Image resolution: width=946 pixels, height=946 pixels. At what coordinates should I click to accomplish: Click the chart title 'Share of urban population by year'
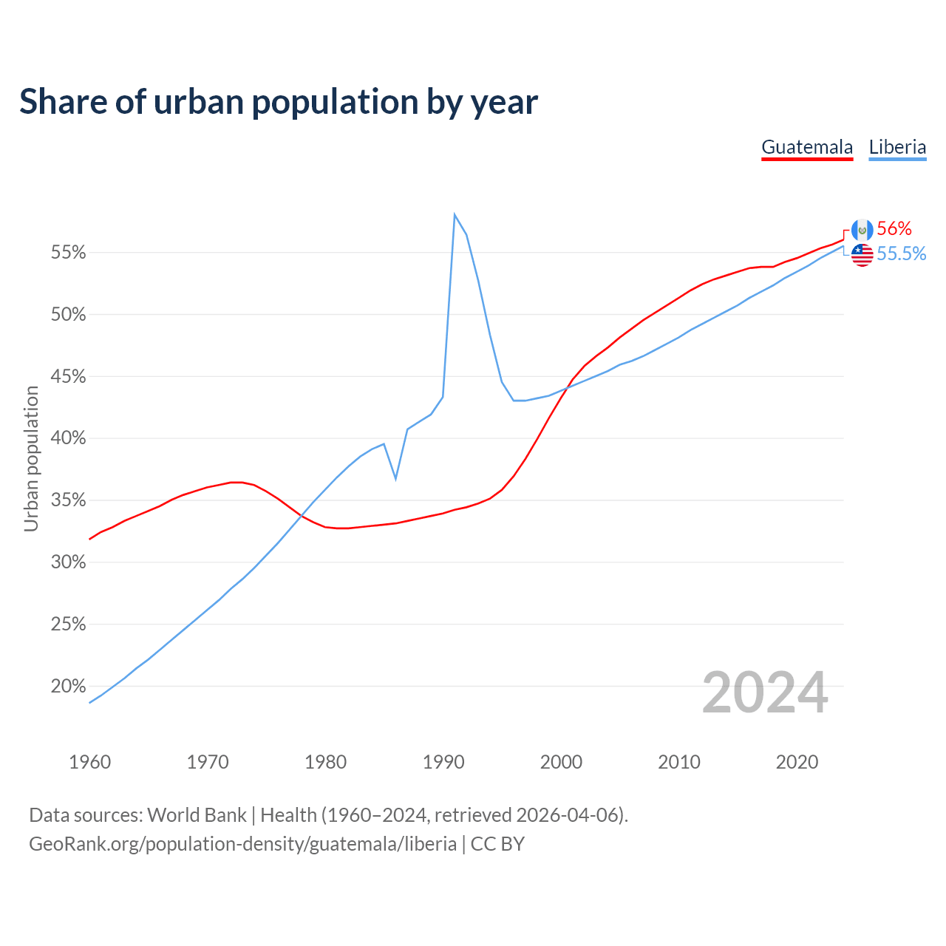279,102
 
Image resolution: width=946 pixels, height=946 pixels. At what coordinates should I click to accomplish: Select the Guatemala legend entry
807,147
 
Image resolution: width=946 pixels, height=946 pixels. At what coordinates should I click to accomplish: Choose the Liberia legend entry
897,147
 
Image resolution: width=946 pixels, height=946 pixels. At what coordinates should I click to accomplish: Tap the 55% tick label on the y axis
68,253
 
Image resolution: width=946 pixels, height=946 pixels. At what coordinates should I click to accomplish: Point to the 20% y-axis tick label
68,687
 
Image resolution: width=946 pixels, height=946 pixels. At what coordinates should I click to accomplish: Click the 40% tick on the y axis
68,438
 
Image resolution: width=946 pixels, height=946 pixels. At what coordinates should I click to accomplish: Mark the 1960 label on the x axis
89,762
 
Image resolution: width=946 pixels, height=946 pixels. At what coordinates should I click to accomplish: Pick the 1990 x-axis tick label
443,762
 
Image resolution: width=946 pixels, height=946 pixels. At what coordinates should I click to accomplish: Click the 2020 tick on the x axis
797,762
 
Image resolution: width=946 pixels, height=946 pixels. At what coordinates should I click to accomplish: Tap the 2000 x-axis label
561,762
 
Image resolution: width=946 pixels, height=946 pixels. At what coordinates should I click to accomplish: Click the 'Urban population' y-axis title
31,458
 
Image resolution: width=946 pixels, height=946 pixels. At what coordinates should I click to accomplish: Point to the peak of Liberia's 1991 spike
455,214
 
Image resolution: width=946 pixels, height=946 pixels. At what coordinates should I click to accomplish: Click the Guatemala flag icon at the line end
862,230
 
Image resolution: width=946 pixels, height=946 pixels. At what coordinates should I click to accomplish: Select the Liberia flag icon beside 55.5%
862,255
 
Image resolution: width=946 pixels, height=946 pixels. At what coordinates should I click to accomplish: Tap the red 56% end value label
894,229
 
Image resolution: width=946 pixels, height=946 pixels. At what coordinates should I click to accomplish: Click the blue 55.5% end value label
902,254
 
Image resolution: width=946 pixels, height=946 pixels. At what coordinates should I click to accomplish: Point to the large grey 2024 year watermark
765,693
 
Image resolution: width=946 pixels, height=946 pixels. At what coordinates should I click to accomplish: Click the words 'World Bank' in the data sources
197,815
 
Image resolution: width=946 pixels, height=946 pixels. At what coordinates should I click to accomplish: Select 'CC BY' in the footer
497,844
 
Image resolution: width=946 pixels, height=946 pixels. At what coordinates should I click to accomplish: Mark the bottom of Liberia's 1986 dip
396,479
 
